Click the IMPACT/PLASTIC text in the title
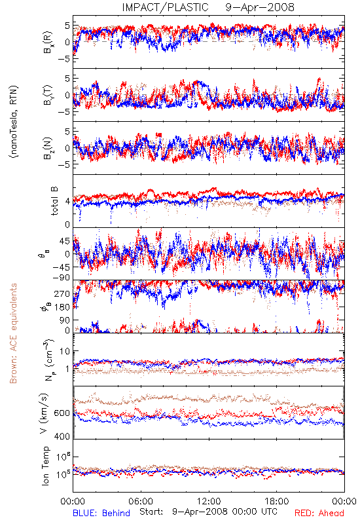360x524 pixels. pos(165,7)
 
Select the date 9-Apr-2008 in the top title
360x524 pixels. pos(260,7)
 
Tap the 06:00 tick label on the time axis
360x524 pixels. pos(141,501)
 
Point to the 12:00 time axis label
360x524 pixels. pos(209,501)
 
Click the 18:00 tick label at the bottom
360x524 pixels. pos(277,501)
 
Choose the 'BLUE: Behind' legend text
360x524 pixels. pos(101,513)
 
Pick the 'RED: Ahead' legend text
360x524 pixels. pos(319,513)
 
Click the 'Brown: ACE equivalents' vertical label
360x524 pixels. pos(13,333)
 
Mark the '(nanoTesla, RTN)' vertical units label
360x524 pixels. pos(14,122)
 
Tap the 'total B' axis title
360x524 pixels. pos(54,201)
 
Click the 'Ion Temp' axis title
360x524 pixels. pos(45,466)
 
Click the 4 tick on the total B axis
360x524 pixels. pos(67,201)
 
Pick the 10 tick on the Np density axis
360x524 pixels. pos(65,352)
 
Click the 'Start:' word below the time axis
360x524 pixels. pos(152,512)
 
